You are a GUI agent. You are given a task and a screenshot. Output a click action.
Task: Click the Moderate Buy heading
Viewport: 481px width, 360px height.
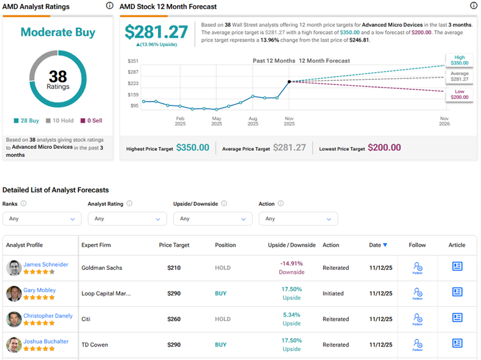(58, 32)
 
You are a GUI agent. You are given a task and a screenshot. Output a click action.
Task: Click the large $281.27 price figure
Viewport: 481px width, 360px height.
(156, 32)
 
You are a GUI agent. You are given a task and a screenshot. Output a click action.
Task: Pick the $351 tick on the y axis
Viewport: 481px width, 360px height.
(133, 61)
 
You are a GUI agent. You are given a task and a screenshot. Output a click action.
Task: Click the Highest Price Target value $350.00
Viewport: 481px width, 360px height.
(193, 148)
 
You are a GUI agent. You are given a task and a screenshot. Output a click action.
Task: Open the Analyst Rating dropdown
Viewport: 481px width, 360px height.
(125, 219)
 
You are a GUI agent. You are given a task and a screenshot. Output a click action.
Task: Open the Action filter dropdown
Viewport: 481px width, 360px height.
(297, 219)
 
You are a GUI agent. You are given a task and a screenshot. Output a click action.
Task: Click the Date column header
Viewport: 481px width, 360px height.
(378, 245)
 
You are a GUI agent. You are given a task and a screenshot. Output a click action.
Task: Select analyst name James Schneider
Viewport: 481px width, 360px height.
(45, 265)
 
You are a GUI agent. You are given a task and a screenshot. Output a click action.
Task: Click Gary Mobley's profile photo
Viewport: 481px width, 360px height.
(14, 293)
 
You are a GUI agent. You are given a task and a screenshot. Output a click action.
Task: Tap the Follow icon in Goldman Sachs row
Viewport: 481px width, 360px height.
(417, 267)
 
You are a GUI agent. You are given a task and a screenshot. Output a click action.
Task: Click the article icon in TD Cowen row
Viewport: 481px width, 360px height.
(457, 343)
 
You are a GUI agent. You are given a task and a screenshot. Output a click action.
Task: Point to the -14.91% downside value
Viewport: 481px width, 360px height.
(292, 263)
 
